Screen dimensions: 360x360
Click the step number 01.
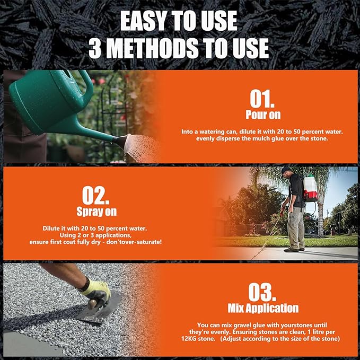(263, 99)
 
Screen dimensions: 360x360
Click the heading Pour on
(263, 115)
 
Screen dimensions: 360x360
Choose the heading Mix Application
(263, 308)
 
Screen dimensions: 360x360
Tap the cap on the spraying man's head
(286, 170)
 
